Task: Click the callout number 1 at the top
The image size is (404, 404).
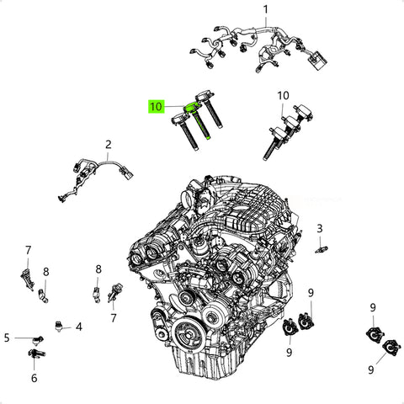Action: point(265,10)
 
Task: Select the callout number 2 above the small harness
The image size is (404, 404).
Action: point(109,145)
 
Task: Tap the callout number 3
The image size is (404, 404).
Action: point(320,229)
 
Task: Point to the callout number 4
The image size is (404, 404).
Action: point(79,327)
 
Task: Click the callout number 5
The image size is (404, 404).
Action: point(7,338)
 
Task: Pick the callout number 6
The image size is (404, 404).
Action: point(34,378)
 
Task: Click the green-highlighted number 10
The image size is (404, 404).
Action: point(156,107)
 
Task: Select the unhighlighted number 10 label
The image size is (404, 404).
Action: point(283,96)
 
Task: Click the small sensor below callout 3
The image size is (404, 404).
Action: point(322,249)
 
